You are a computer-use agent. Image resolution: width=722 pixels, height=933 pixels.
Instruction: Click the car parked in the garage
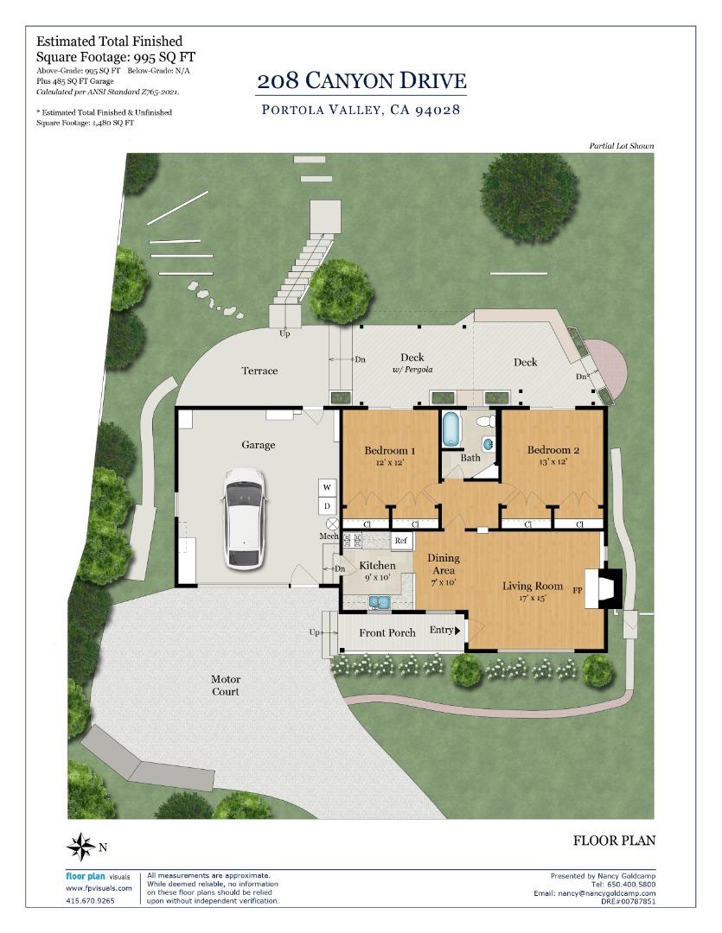(x=243, y=519)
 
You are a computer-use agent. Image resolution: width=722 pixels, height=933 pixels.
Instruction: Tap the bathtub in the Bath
(x=452, y=428)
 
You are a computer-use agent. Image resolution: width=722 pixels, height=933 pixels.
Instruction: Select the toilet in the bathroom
(x=486, y=422)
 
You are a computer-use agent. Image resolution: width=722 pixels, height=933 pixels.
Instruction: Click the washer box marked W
(x=327, y=487)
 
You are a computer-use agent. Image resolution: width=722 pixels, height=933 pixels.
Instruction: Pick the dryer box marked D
(x=327, y=505)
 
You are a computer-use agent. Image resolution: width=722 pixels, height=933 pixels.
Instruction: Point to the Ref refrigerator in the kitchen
(x=401, y=540)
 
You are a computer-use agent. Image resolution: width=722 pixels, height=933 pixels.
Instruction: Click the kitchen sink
(x=378, y=602)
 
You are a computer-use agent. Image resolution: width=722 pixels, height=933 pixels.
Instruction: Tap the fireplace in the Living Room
(x=603, y=589)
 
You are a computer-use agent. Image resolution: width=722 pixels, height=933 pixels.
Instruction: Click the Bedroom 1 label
(x=390, y=450)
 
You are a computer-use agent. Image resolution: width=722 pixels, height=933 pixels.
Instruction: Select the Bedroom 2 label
(x=553, y=450)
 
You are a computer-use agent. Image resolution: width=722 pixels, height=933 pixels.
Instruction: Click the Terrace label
(x=259, y=371)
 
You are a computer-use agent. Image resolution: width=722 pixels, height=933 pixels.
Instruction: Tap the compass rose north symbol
(x=81, y=846)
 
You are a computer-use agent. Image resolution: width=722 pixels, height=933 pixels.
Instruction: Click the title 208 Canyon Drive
(x=361, y=81)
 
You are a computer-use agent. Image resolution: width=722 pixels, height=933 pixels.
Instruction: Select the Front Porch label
(x=387, y=632)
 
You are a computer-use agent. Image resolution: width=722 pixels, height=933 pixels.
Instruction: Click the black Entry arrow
(x=457, y=630)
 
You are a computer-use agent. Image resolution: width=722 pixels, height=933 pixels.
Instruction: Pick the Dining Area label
(x=444, y=563)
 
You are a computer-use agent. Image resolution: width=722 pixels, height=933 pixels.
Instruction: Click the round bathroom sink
(x=489, y=443)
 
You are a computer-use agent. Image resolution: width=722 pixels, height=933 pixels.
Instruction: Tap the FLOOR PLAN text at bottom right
(x=614, y=841)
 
